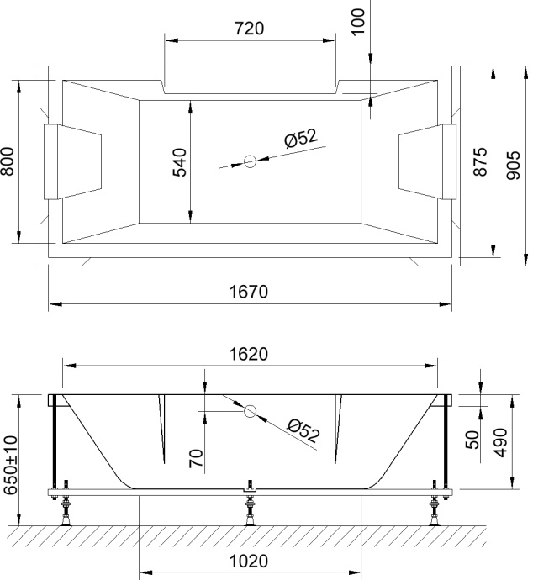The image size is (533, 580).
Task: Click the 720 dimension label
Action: [249, 29]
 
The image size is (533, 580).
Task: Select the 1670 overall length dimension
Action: [249, 292]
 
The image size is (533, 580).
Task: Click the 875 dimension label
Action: [480, 161]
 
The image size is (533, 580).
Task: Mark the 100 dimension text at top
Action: [358, 18]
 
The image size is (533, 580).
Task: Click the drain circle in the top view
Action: [250, 161]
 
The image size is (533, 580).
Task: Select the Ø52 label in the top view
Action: [301, 140]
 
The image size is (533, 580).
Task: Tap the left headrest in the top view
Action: [71, 161]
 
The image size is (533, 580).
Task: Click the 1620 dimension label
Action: [249, 355]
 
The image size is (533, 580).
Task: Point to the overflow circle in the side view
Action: [250, 411]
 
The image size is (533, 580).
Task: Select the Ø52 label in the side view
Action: [303, 430]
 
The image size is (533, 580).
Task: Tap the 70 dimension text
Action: [194, 458]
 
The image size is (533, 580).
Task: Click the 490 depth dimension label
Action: [500, 440]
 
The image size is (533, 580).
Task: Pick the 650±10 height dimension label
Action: [9, 463]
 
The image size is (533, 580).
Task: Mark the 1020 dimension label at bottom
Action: [249, 562]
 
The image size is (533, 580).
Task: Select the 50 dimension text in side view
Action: [472, 440]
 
